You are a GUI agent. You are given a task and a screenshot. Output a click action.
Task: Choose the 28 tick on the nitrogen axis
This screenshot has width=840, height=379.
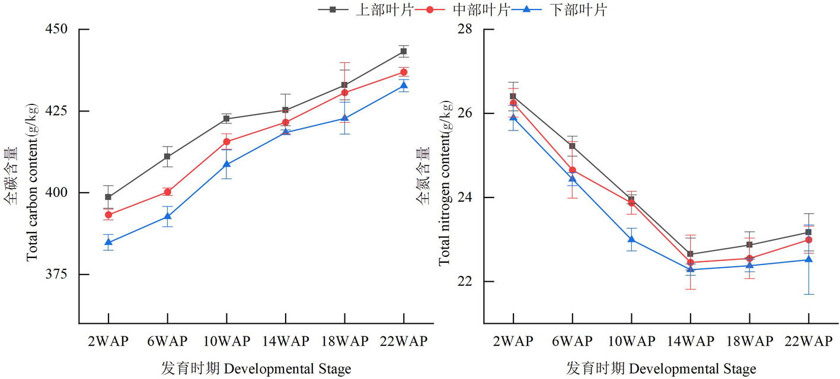click(x=468, y=29)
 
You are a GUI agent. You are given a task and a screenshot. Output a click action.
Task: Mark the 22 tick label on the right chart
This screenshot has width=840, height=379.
click(x=468, y=281)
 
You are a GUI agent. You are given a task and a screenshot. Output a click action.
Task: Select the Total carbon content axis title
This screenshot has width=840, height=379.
click(x=31, y=183)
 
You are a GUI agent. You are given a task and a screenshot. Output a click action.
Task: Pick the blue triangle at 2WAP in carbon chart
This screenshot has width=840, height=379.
click(x=108, y=242)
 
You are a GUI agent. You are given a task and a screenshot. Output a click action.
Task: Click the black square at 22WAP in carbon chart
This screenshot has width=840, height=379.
click(x=404, y=51)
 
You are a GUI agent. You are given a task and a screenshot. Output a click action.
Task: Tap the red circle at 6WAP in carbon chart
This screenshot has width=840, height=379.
click(x=167, y=192)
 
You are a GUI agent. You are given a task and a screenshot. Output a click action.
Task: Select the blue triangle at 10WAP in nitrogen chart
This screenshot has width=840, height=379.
click(x=631, y=239)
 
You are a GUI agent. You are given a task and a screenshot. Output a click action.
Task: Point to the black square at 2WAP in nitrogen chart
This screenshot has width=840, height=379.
click(x=513, y=96)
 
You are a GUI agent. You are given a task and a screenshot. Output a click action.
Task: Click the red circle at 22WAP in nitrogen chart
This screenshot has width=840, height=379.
click(x=809, y=240)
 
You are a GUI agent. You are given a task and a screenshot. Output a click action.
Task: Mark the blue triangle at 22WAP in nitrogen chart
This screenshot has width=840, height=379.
click(x=809, y=259)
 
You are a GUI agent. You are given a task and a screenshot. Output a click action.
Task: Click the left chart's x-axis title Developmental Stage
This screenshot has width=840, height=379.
click(x=256, y=369)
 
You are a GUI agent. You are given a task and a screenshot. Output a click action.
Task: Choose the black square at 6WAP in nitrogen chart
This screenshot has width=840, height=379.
click(x=572, y=146)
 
